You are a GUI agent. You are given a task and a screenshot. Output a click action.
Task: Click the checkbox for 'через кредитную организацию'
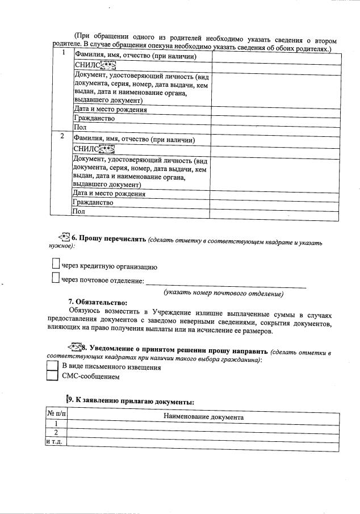click(55, 264)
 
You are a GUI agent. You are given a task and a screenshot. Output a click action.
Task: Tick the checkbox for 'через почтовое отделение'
click(55, 278)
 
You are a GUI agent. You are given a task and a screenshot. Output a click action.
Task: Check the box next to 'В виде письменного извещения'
click(52, 366)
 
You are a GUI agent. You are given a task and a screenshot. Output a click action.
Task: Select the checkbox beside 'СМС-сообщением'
click(52, 376)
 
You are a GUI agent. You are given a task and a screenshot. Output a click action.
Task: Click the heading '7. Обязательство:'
click(98, 302)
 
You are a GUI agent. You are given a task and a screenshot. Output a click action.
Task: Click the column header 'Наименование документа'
click(203, 417)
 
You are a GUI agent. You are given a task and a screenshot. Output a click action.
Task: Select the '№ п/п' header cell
click(56, 417)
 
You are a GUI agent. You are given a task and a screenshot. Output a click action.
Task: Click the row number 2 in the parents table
click(61, 136)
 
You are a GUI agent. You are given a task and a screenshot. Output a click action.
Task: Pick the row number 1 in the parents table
click(64, 53)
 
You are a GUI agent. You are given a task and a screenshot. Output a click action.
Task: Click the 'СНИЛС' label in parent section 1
click(85, 66)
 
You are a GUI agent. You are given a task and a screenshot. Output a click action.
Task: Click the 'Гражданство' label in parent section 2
click(94, 202)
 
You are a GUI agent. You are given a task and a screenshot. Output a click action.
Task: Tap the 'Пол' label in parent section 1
click(80, 128)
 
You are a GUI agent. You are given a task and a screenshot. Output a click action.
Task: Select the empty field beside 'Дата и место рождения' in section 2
click(275, 193)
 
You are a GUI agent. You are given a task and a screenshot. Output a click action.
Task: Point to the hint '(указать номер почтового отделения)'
click(223, 294)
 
